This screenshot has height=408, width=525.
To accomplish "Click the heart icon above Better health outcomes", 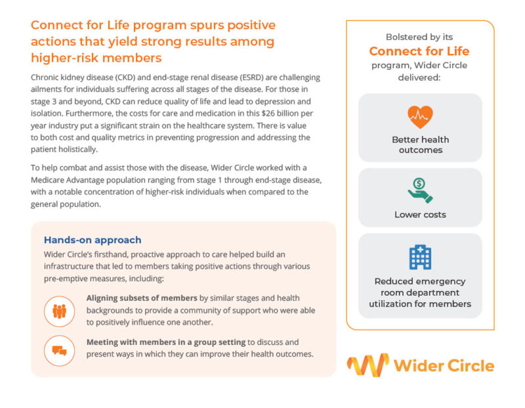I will click(420, 117).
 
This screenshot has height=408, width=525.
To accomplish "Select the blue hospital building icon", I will click(420, 256).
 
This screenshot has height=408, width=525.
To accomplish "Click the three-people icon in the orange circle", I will click(59, 311).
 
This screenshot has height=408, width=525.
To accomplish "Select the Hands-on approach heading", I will click(92, 240).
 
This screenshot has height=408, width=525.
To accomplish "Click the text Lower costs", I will click(420, 215).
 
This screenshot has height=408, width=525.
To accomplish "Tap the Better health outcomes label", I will click(420, 145).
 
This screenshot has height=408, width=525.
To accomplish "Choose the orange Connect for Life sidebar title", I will click(419, 51).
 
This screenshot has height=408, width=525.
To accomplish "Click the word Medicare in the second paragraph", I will click(51, 180).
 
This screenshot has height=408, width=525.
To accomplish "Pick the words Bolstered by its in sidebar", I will click(419, 37).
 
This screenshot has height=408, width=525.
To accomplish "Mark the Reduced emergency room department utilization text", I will click(420, 292).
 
